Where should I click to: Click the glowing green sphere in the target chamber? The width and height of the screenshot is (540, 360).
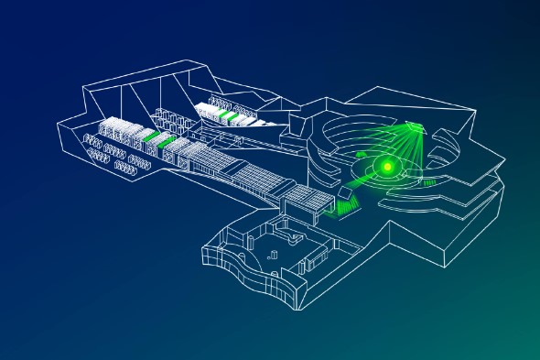click(387, 166)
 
